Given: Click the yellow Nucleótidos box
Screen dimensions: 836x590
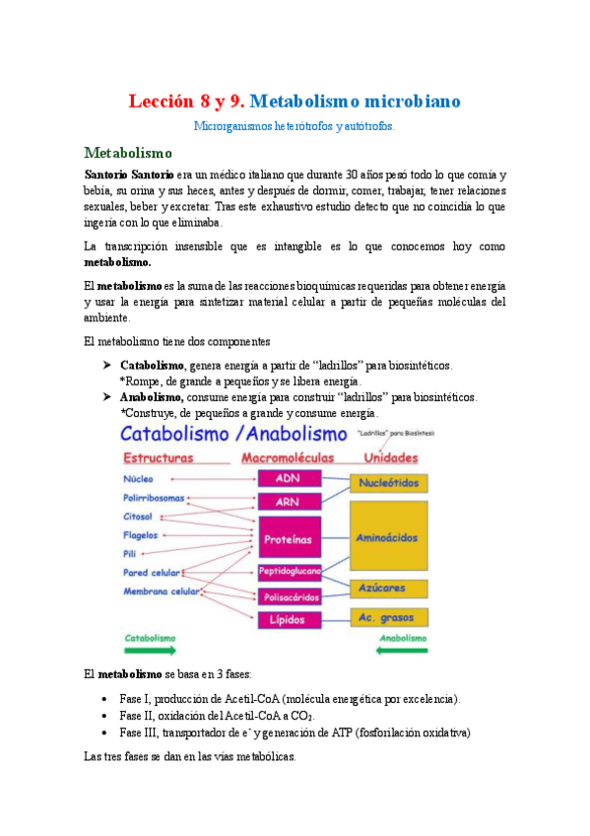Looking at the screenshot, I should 389,483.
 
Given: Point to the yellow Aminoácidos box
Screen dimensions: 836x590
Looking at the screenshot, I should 389,537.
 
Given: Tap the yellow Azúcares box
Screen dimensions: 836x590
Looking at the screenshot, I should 389,589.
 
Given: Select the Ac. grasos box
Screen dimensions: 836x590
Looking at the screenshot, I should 389,617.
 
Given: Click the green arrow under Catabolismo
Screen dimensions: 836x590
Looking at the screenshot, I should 150,652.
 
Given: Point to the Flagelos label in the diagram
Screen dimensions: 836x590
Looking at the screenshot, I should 141,535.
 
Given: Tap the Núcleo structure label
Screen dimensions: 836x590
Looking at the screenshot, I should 138,479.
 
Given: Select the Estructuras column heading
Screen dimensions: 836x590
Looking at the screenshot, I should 158,458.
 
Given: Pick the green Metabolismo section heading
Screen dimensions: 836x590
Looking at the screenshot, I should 128,153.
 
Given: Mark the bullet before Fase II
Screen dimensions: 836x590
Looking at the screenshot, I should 105,716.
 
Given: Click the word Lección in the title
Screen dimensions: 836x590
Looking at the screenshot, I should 165,102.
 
